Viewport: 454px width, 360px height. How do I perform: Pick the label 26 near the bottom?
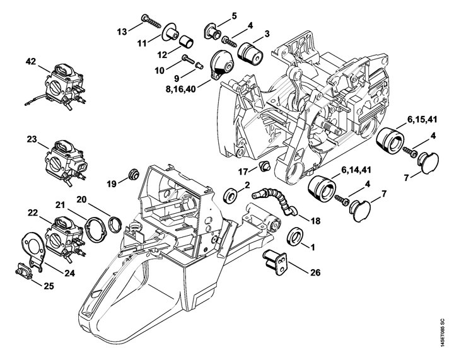click(315, 272)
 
